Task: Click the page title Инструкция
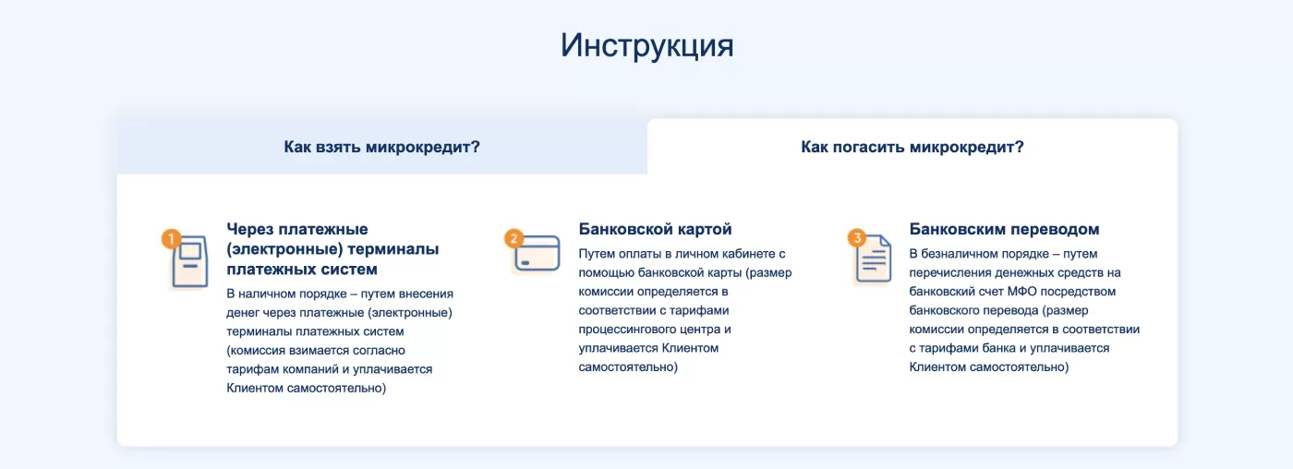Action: [x=646, y=45]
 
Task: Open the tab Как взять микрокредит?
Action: [x=381, y=147]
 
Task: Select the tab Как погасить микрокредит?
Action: [x=912, y=147]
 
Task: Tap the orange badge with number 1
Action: [x=171, y=239]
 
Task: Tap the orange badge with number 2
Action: [x=514, y=239]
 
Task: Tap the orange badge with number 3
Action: [x=857, y=239]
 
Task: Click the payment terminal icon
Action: [x=190, y=262]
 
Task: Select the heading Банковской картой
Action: [x=655, y=229]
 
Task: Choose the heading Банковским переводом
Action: [x=1004, y=229]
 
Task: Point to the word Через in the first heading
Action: [x=252, y=229]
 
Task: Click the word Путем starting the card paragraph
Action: [x=597, y=254]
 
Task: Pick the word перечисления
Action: [x=946, y=273]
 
